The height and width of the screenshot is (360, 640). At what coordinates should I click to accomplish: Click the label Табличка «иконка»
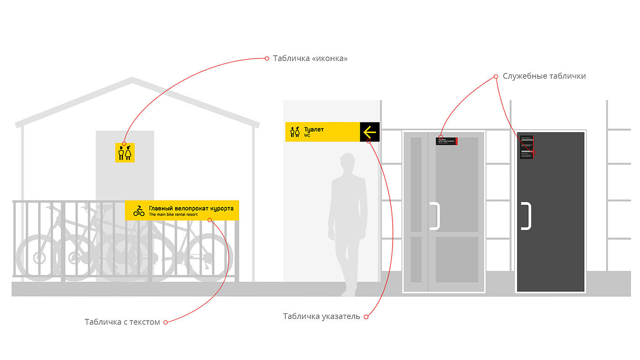[310, 58]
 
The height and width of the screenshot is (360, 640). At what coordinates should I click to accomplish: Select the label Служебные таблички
[544, 76]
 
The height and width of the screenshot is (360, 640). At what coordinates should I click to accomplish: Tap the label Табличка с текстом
[122, 322]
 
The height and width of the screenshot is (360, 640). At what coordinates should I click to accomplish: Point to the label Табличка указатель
[321, 317]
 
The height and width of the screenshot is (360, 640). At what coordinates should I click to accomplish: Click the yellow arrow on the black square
[369, 132]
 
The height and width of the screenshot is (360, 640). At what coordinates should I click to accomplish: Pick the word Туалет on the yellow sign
[314, 130]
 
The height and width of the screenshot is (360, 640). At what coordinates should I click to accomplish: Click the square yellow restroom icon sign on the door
[125, 153]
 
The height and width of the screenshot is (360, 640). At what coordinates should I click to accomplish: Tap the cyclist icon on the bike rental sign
[139, 211]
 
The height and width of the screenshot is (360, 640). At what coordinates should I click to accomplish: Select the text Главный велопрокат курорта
[191, 208]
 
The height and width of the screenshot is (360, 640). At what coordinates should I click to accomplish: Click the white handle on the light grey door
[435, 216]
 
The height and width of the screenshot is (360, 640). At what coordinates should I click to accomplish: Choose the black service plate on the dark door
[527, 147]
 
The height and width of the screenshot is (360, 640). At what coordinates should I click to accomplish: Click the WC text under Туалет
[307, 136]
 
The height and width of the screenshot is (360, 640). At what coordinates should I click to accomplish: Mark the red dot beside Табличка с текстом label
[165, 322]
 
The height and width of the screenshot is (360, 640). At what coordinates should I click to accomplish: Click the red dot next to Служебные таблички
[496, 76]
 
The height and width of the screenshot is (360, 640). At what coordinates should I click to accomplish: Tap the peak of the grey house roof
[132, 79]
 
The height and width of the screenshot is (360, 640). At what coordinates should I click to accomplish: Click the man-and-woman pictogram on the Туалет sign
[295, 132]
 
